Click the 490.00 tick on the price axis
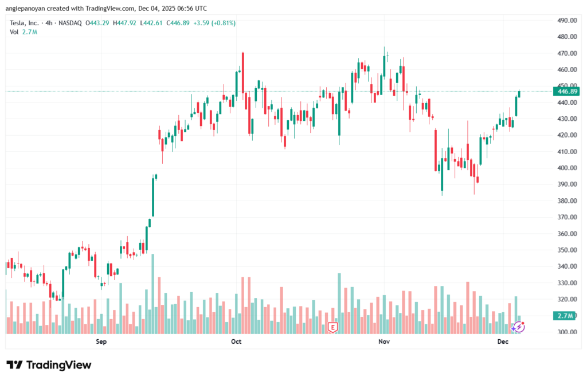[x=566, y=20]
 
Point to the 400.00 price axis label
[x=566, y=168]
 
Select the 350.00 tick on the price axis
[x=566, y=250]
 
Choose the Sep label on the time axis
[x=101, y=342]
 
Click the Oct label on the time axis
[x=236, y=342]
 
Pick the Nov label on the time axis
[x=384, y=342]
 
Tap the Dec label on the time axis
[x=503, y=342]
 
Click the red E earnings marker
[x=332, y=328]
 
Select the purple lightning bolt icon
[x=519, y=327]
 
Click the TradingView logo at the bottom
[x=49, y=365]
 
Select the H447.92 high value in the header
[x=126, y=23]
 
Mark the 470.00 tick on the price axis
[x=566, y=53]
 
